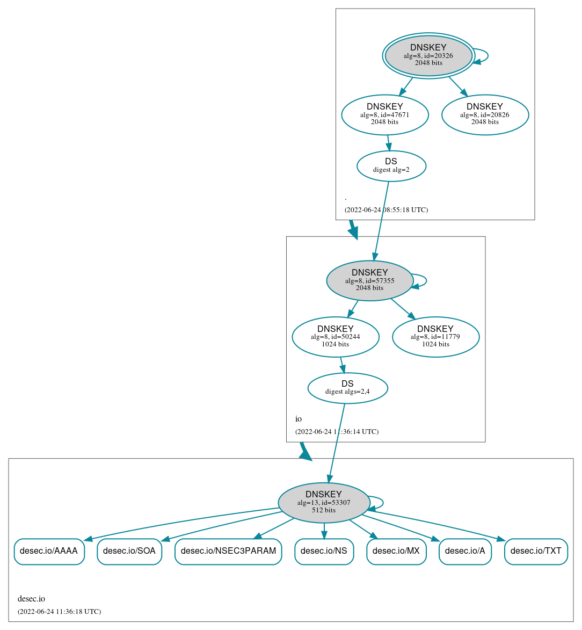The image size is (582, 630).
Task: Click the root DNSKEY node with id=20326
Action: point(428,55)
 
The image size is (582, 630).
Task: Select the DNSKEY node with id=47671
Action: point(384,114)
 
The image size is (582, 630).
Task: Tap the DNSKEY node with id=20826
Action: point(485,114)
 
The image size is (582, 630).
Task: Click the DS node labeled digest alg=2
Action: point(391,166)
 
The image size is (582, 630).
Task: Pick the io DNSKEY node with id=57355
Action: point(369,280)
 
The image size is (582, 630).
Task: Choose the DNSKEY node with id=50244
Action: point(335,337)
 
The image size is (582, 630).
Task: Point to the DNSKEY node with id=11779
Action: point(435,337)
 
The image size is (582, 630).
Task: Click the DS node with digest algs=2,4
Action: point(347,388)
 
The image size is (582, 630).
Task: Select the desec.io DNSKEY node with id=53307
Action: point(324,503)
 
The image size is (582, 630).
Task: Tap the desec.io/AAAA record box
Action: point(49,551)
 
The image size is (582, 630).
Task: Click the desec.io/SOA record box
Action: point(129,551)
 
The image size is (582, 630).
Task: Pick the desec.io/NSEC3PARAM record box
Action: point(228,551)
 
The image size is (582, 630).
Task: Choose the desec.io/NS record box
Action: point(324,551)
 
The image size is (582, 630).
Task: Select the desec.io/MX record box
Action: point(396,551)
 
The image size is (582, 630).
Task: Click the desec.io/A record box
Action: point(465,551)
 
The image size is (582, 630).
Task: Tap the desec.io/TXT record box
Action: point(536,551)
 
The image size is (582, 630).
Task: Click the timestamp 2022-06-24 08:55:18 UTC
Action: point(386,210)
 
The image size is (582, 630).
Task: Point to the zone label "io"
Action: point(299,419)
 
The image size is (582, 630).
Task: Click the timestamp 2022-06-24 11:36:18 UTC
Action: point(59,612)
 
